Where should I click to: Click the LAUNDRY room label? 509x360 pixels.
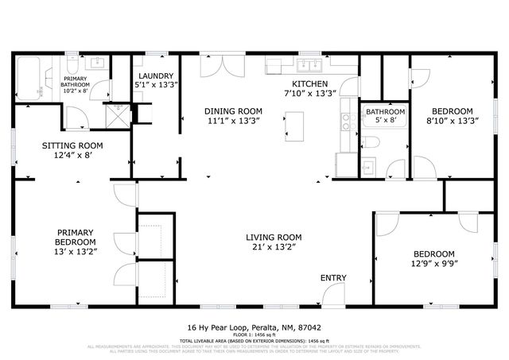coord(155,77)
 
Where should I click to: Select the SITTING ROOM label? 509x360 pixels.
coord(72,145)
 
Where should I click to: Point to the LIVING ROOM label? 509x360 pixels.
coord(273,237)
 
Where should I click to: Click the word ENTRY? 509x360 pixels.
coord(333,277)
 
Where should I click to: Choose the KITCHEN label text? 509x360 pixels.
coord(309,83)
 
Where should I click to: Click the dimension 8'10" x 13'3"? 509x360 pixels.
coord(452,122)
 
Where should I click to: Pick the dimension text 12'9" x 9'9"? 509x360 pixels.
coord(433,264)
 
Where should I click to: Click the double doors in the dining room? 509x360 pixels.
coord(215,66)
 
